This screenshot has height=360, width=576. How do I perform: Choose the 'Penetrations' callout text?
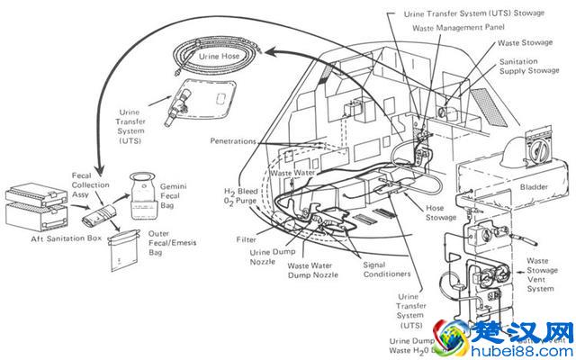click(236, 142)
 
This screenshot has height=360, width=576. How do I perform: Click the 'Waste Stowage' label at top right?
click(526, 41)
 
